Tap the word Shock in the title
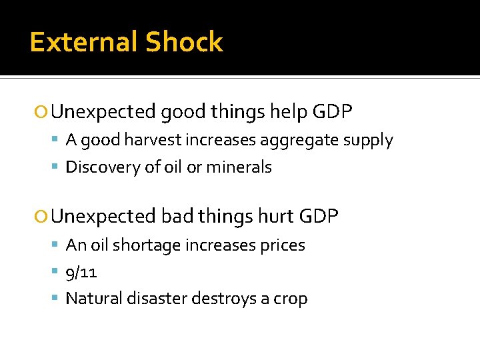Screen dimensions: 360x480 pyautogui.click(x=185, y=42)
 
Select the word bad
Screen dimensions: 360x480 pyautogui.click(x=177, y=217)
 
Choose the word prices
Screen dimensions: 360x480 pyautogui.click(x=279, y=245)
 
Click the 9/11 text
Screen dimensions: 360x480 pyautogui.click(x=81, y=272)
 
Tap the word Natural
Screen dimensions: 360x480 pyautogui.click(x=93, y=299)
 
